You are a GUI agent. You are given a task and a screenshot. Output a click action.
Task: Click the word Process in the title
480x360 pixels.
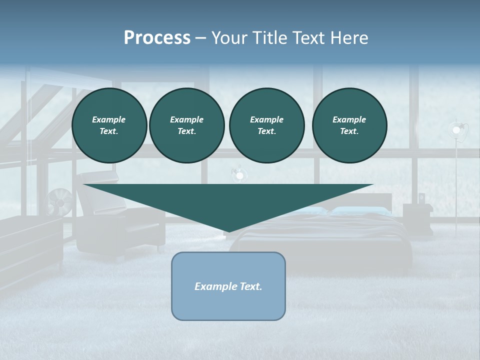[157, 38]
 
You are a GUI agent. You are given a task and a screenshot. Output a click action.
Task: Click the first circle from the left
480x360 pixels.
[109, 125]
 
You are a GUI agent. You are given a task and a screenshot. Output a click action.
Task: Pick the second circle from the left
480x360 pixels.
[186, 125]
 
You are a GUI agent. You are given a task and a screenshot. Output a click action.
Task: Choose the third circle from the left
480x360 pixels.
[266, 125]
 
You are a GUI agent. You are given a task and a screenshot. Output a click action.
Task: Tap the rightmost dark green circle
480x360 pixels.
[349, 125]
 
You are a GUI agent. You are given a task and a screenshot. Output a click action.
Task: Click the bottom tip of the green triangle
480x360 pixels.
[228, 231]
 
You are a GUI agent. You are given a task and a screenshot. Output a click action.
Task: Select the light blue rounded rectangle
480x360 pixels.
[228, 300]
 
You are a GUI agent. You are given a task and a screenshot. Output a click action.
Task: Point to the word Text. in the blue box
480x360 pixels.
[251, 286]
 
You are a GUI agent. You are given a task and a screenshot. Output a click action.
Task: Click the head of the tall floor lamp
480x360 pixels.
[456, 130]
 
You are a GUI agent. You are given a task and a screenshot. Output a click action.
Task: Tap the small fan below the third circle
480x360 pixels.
[239, 175]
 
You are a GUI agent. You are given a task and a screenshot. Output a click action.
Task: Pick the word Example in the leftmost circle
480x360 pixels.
[109, 119]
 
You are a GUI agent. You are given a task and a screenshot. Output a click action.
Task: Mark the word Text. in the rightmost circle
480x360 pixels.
[349, 131]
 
